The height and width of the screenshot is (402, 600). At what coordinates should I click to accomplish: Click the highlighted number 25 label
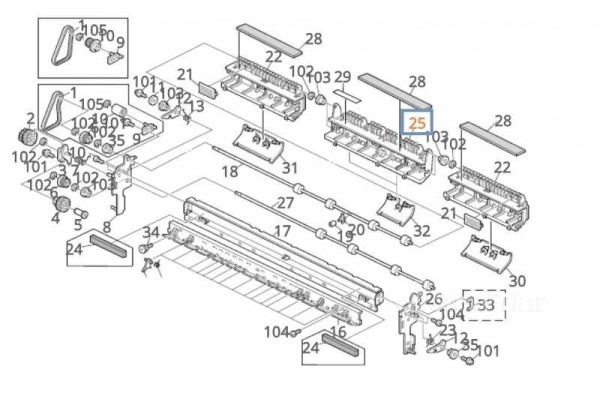tap(417, 123)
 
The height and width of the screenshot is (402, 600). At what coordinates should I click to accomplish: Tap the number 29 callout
tap(342, 77)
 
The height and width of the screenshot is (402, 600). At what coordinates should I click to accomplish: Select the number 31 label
tap(289, 168)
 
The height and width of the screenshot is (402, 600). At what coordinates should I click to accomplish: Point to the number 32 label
tap(421, 231)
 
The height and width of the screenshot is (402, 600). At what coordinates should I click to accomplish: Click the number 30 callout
tap(516, 281)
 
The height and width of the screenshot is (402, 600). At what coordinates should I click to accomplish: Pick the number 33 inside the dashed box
tap(486, 304)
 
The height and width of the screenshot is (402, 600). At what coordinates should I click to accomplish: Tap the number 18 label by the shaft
tap(230, 172)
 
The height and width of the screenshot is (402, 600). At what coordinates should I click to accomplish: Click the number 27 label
tap(286, 203)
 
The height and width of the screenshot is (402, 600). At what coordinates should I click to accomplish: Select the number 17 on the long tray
tap(282, 231)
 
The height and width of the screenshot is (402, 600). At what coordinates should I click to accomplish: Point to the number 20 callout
tap(357, 229)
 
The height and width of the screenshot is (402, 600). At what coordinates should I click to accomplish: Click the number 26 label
tap(433, 298)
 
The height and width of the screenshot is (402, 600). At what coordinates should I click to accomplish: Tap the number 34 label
tap(150, 233)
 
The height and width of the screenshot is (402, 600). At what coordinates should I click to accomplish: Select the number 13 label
tap(196, 106)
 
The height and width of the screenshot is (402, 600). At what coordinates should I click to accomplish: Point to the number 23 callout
tap(447, 330)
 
